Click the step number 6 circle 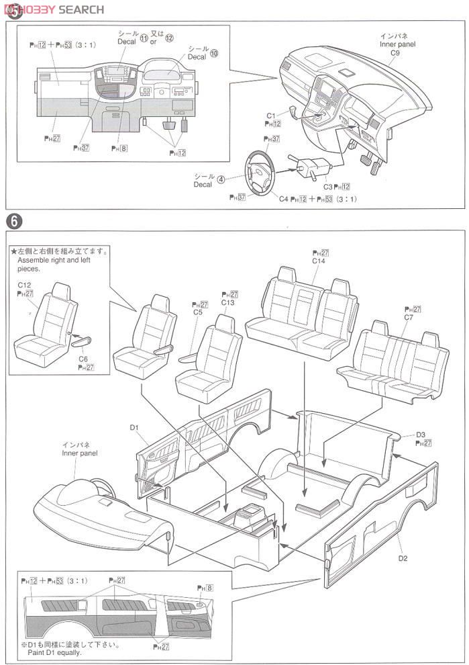pos(12,220)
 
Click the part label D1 pos(134,427)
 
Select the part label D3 pos(421,434)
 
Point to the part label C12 pos(25,285)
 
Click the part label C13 pos(229,303)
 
